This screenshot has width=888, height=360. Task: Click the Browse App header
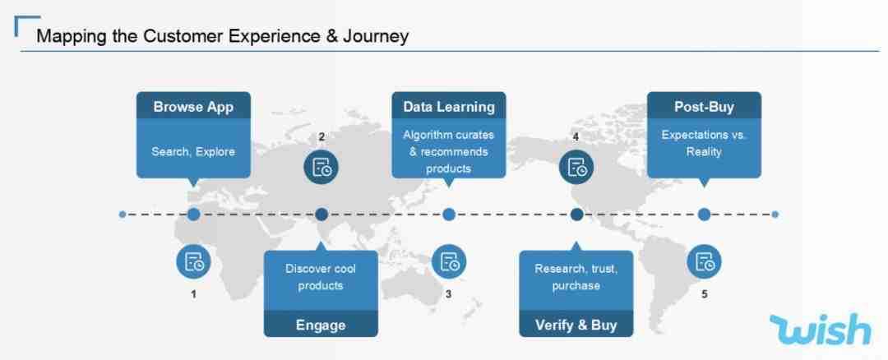tap(194, 108)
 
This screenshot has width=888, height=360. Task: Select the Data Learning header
tap(449, 108)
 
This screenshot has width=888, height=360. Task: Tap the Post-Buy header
tap(704, 108)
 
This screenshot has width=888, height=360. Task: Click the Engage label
tap(321, 325)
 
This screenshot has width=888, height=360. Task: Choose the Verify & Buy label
tap(576, 325)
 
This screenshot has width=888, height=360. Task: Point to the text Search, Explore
tap(193, 152)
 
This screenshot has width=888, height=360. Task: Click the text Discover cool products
tap(321, 277)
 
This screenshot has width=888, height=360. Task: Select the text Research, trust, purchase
tap(576, 277)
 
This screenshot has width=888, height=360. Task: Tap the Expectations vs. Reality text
tap(704, 144)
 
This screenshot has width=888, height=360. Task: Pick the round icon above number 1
tap(194, 262)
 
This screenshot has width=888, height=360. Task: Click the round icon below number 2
tap(321, 167)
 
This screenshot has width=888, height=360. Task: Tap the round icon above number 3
tap(449, 262)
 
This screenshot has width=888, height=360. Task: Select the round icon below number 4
tap(576, 167)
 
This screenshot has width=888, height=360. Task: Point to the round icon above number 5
tap(705, 262)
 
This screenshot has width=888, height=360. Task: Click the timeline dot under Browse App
tap(194, 215)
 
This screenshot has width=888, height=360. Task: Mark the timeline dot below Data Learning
tap(449, 215)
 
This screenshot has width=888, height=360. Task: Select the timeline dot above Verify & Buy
tap(576, 215)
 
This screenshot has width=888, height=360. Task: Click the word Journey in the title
tap(377, 37)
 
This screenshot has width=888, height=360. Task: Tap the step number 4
tap(576, 136)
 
